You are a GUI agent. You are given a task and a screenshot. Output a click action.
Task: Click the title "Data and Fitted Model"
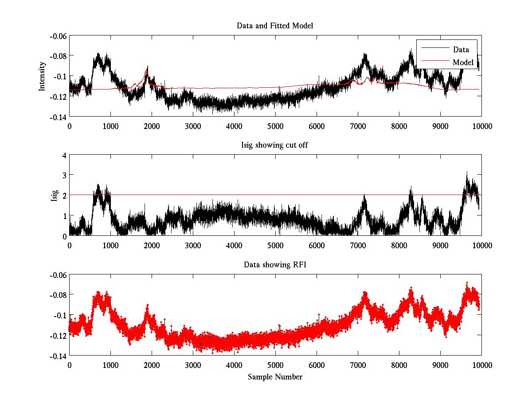coord(275,26)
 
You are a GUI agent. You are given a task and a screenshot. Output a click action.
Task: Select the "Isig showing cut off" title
coord(275,145)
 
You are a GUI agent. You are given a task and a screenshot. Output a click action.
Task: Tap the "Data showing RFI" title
coord(275,265)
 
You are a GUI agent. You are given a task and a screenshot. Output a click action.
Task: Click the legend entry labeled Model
coord(463,63)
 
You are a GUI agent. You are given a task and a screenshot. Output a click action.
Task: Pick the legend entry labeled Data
coord(461,50)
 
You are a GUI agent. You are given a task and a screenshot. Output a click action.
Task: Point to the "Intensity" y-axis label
coord(42,76)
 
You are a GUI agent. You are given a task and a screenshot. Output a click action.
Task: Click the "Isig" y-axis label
coord(55,196)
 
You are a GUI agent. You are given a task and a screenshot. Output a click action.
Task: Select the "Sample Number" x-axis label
coord(275,377)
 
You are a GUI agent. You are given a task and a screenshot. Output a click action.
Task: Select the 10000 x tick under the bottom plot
coord(481,365)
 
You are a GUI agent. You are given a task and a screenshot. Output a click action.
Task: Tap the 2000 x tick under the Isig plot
coord(152,245)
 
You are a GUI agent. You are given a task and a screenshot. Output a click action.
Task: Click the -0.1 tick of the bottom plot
coord(59,315)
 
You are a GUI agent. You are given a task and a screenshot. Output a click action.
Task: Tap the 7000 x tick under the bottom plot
coord(358,365)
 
